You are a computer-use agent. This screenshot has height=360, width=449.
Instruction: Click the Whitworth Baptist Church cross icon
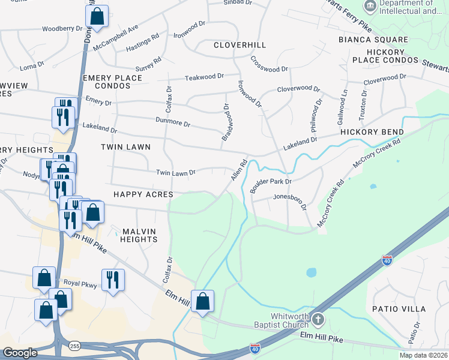tap(318, 319)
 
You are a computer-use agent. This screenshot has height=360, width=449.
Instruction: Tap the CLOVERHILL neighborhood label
tap(240, 45)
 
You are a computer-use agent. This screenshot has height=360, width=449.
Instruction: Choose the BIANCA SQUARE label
tap(373, 40)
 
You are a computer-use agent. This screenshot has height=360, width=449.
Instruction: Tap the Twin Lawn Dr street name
tap(176, 172)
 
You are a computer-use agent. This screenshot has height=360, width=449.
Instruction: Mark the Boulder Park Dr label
tap(271, 182)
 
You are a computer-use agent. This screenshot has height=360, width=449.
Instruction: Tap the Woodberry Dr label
tap(62, 29)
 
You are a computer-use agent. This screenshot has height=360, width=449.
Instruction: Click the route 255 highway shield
tap(74, 346)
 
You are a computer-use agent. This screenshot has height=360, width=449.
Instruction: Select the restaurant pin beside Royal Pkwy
tap(113, 280)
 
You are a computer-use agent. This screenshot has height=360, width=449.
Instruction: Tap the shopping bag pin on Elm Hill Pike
tap(203, 301)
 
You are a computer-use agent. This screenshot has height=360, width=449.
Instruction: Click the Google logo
tap(20, 353)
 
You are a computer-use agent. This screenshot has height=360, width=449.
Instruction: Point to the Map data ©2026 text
tap(423, 355)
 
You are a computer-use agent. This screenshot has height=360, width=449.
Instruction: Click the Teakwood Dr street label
tap(204, 77)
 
